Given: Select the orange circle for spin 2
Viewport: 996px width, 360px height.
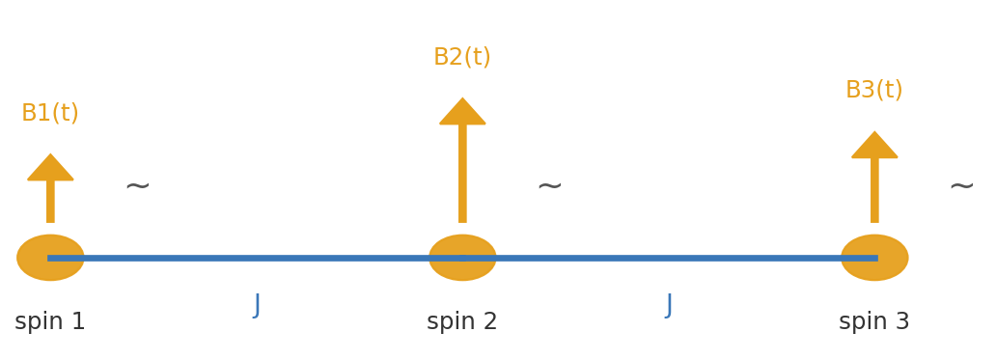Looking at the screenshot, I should [462, 258].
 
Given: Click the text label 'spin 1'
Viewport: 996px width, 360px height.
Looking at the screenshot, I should [50, 322].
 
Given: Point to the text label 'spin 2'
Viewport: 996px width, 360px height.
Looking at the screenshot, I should [462, 322].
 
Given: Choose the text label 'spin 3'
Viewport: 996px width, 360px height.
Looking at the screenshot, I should [874, 322].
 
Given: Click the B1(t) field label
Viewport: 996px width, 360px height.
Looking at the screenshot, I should [50, 114].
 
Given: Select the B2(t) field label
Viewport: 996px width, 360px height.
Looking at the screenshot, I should [462, 58].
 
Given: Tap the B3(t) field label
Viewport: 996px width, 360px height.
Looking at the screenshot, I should [874, 91].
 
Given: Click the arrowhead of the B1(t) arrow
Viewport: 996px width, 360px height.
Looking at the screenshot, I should [50, 169].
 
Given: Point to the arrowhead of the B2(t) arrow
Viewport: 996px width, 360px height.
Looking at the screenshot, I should [462, 113].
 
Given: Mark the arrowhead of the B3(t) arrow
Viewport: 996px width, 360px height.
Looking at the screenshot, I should [874, 147].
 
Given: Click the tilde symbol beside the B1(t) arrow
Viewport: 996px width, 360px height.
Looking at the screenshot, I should [137, 185].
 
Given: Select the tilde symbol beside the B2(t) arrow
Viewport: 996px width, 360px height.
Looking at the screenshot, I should [549, 185].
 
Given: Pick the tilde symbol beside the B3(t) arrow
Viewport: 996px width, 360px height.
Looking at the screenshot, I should [961, 185].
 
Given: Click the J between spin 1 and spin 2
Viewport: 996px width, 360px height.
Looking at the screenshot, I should [257, 305].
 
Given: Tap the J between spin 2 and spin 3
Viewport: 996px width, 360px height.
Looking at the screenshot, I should [669, 305].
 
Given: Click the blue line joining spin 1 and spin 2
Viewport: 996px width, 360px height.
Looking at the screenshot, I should [257, 258].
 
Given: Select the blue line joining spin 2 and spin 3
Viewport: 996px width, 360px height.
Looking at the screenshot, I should [669, 258].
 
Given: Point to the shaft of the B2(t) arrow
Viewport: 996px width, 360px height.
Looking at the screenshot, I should [462, 174].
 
